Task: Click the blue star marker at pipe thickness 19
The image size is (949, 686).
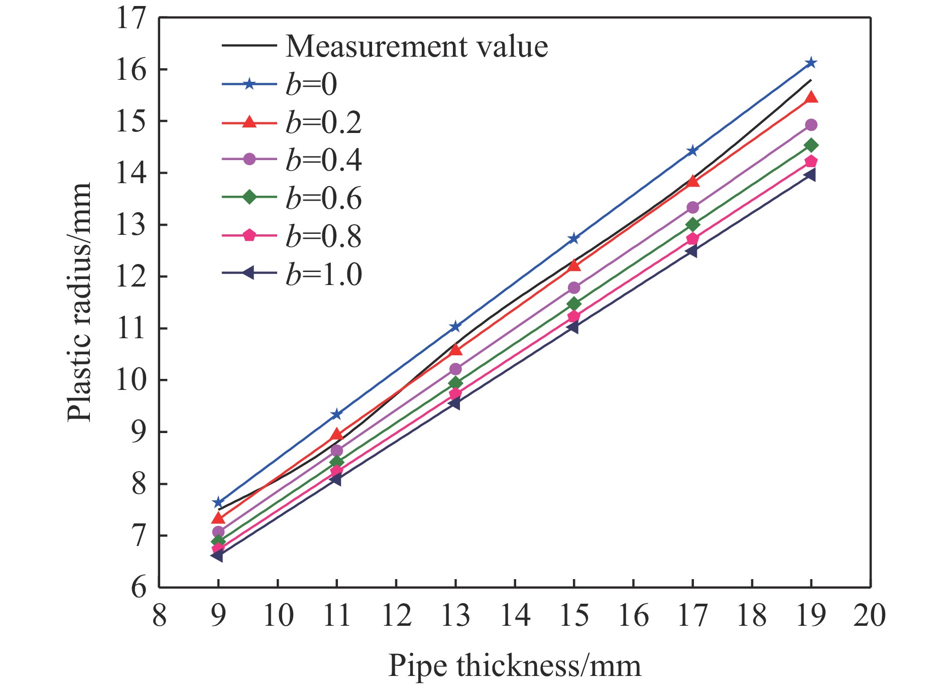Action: (811, 63)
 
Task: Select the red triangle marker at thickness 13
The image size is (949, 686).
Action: (455, 348)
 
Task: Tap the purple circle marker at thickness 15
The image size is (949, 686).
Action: (574, 288)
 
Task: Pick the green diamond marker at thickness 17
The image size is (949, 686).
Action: (692, 224)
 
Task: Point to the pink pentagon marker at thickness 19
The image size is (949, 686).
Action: (811, 161)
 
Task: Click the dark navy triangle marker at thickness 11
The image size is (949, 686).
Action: (336, 480)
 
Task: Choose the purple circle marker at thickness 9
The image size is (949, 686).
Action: (218, 532)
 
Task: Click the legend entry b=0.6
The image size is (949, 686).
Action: (324, 198)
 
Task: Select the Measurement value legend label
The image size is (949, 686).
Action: (417, 46)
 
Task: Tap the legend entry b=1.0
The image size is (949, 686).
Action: (324, 275)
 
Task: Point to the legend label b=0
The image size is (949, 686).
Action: (311, 84)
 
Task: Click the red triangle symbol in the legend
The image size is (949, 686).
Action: (249, 122)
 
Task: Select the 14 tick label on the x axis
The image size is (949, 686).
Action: (515, 615)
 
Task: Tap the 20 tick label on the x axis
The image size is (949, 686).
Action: (870, 615)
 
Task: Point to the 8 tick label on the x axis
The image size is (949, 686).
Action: (160, 615)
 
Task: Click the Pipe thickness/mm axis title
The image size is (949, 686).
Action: (515, 666)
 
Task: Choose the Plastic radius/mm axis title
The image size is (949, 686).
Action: (79, 303)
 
